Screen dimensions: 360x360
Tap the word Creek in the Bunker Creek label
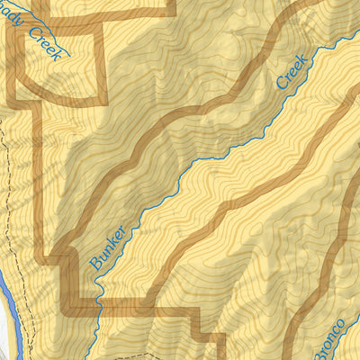coord(292,71)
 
